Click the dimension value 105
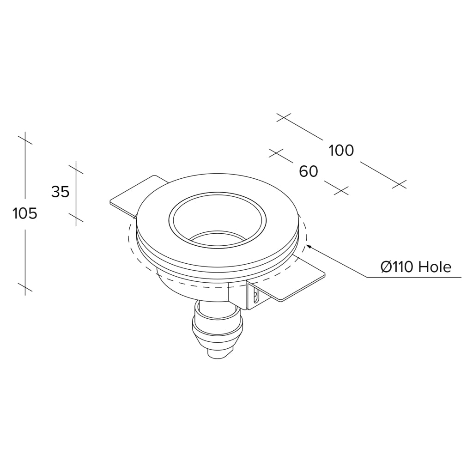pyautogui.click(x=25, y=213)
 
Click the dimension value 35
pyautogui.click(x=61, y=192)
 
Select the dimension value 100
pyautogui.click(x=341, y=151)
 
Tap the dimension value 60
pyautogui.click(x=309, y=172)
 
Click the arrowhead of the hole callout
pyautogui.click(x=310, y=248)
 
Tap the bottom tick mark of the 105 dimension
pyautogui.click(x=25, y=287)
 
